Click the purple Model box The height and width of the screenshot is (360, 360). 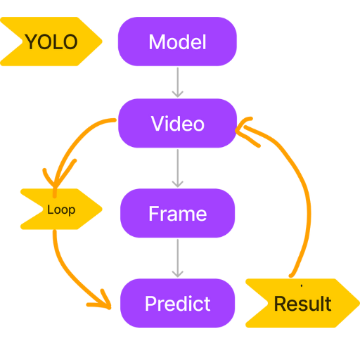(x=177, y=41)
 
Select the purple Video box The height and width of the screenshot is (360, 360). (x=177, y=123)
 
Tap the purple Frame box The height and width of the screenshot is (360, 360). (x=177, y=213)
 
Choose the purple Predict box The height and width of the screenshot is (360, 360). (x=177, y=303)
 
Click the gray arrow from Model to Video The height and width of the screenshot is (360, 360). (x=178, y=82)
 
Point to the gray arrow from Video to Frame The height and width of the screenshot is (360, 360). (x=178, y=168)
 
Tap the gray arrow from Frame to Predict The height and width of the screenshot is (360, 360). (x=178, y=258)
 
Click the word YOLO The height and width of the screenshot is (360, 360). (x=51, y=41)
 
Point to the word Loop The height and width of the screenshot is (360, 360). (x=61, y=210)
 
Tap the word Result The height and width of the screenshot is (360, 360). (x=302, y=304)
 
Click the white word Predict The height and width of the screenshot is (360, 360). (x=177, y=304)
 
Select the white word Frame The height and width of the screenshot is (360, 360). (x=178, y=214)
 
